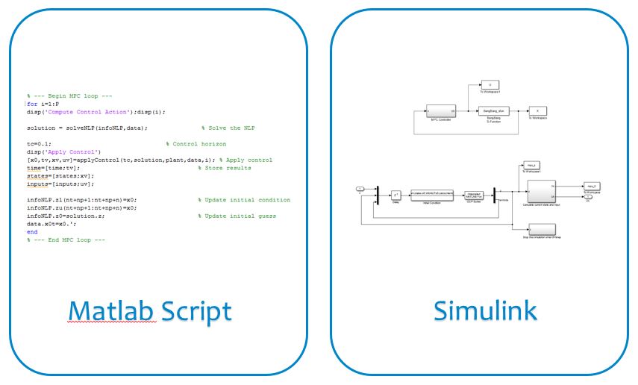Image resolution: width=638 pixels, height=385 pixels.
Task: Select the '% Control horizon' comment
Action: (196, 143)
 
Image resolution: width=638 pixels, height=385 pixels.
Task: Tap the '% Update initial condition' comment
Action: (244, 200)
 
